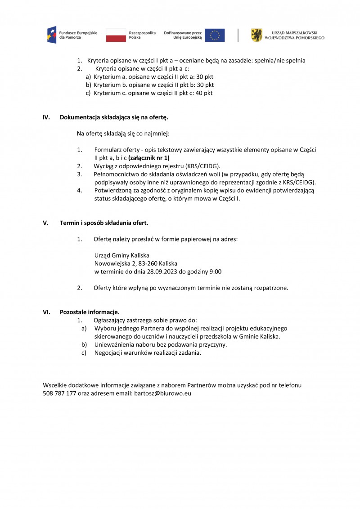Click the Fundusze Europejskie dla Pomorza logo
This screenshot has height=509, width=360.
(72, 35)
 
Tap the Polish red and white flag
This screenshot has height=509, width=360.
(116, 35)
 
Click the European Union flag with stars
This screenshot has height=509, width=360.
(215, 35)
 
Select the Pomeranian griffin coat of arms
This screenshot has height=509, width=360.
(256, 35)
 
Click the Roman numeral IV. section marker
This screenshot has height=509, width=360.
(46, 117)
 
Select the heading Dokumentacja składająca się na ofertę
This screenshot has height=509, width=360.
(114, 117)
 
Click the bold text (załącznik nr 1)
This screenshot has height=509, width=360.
(149, 158)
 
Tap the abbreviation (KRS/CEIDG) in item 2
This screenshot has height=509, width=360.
(203, 166)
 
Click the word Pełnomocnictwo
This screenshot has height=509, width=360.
(116, 174)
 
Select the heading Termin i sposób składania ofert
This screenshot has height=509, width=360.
(104, 223)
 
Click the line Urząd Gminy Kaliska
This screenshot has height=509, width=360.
(121, 255)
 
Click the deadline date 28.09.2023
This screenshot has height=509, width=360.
(164, 272)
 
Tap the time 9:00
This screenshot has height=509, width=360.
(214, 272)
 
